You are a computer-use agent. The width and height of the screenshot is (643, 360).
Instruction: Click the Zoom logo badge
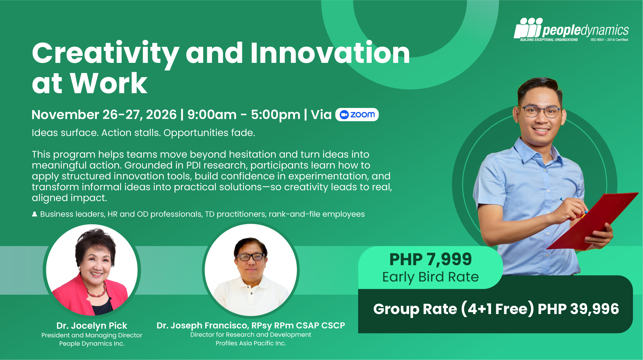click(357, 115)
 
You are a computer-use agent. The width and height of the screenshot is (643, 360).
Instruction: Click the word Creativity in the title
click(106, 54)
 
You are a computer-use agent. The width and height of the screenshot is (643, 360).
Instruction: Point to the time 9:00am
click(212, 115)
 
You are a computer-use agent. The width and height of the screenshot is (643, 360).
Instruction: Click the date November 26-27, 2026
click(104, 115)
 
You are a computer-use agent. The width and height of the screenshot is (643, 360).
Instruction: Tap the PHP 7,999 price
click(430, 259)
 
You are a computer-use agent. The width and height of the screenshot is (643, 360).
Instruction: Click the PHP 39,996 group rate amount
click(578, 309)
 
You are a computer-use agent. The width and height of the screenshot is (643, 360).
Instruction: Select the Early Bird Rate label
click(430, 277)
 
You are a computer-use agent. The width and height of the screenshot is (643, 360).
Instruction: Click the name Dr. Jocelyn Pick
click(92, 326)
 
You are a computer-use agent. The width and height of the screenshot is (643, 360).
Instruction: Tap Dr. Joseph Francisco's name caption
click(251, 326)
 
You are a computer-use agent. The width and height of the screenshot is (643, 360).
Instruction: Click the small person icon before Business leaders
click(34, 214)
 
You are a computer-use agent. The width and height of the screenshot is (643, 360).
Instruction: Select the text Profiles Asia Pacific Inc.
click(251, 343)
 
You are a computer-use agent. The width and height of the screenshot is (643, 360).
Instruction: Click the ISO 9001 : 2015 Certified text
click(609, 40)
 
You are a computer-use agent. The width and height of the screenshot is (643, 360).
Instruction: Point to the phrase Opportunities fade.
click(209, 133)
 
